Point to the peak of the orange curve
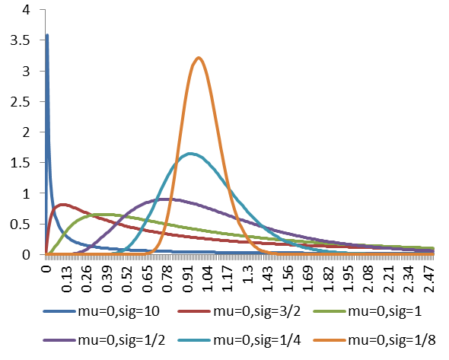click(198, 58)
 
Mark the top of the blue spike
click(47, 35)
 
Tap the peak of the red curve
click(64, 204)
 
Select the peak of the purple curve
click(164, 199)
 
